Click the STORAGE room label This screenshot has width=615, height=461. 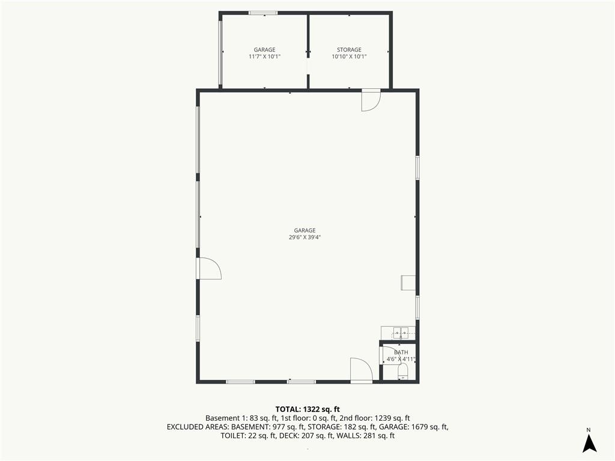pyautogui.click(x=349, y=50)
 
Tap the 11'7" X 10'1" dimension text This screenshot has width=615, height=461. pyautogui.click(x=264, y=56)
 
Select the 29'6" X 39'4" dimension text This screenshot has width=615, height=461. pyautogui.click(x=304, y=237)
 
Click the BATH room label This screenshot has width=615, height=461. pyautogui.click(x=401, y=352)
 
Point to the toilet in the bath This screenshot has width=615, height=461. pyautogui.click(x=403, y=371)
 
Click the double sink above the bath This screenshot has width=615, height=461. pyautogui.click(x=398, y=333)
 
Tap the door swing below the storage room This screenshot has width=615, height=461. pyautogui.click(x=371, y=100)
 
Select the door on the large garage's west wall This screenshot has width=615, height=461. pyautogui.click(x=209, y=268)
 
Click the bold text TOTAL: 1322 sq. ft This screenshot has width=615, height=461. pyautogui.click(x=307, y=409)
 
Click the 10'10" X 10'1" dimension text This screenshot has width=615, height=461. pyautogui.click(x=349, y=56)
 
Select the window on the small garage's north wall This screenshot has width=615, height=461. pyautogui.click(x=263, y=13)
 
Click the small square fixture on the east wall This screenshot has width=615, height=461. pyautogui.click(x=408, y=283)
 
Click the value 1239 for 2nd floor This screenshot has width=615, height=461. pyautogui.click(x=383, y=418)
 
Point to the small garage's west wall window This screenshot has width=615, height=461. pyautogui.click(x=220, y=53)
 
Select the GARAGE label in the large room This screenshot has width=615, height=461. pyautogui.click(x=304, y=230)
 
